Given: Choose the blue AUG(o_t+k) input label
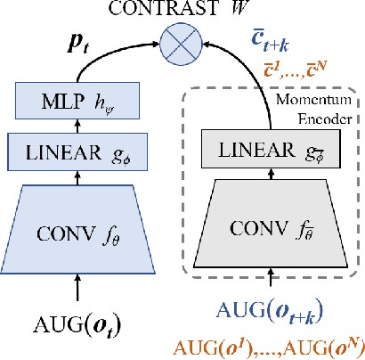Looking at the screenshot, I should pyautogui.click(x=268, y=311).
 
